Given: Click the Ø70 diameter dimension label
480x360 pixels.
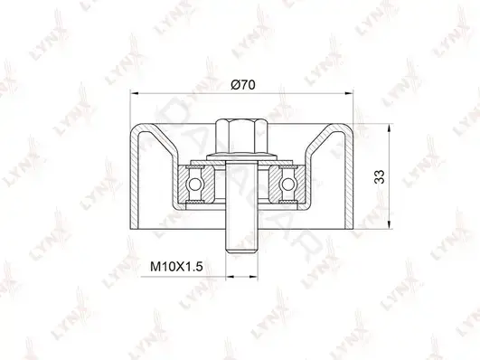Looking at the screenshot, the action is coord(243,84).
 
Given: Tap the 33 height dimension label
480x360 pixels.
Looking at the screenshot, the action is coord(380,176).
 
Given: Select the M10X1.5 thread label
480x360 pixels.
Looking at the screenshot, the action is coord(176,266).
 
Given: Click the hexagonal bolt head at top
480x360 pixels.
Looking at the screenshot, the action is coord(241,137).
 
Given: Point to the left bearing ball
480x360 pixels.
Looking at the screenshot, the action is coord(194,185).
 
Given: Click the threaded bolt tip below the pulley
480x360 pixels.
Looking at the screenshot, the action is coord(241,242).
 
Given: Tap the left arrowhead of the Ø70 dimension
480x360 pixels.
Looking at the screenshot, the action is coord(135,92).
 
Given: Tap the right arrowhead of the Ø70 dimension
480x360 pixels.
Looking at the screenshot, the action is coord(349,92).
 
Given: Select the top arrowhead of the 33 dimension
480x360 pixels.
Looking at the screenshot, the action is coord(390,128).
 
